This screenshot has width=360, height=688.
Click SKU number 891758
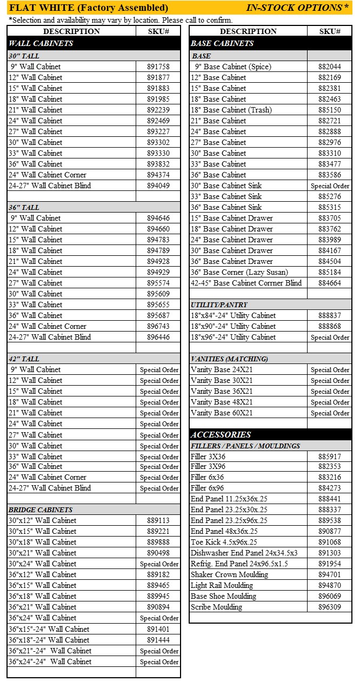pyautogui.click(x=158, y=67)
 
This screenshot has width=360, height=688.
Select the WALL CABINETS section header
pyautogui.click(x=41, y=43)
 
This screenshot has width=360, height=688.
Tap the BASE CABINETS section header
pyautogui.click(x=222, y=43)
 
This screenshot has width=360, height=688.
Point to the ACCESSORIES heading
pyautogui.click(x=221, y=434)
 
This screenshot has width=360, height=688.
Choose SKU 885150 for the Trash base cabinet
pyautogui.click(x=329, y=110)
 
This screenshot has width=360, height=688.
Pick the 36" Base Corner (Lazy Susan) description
pyautogui.click(x=239, y=272)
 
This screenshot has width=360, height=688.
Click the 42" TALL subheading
pyautogui.click(x=24, y=359)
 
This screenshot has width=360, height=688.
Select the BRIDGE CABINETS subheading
pyautogui.click(x=41, y=510)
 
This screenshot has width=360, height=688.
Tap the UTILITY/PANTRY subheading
pyautogui.click(x=219, y=305)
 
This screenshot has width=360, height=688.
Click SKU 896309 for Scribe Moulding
pyautogui.click(x=329, y=607)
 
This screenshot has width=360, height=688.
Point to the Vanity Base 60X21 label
pyautogui.click(x=222, y=413)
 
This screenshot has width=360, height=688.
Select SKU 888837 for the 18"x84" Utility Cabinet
pyautogui.click(x=329, y=315)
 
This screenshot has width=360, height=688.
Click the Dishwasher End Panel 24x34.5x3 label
pyautogui.click(x=244, y=553)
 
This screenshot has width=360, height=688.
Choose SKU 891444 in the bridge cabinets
pyautogui.click(x=158, y=640)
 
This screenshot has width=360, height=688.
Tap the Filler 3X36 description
pyautogui.click(x=208, y=457)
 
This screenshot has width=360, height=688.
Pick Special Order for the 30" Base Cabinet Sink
pyautogui.click(x=330, y=186)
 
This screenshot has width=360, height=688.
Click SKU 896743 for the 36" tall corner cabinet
pyautogui.click(x=158, y=326)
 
